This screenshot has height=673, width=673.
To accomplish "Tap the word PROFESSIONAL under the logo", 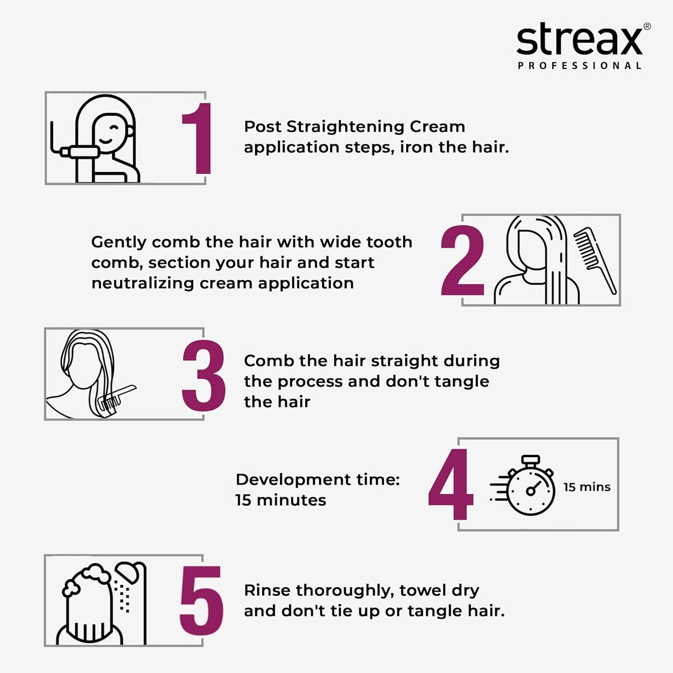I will pos(579,66).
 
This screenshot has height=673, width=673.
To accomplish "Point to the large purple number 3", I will pos(204,375).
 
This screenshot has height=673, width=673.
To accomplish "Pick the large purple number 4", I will pos(450,484).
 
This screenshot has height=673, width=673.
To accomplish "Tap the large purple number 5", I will pos(202,600).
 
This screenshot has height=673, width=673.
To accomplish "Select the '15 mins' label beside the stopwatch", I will pos(586,487).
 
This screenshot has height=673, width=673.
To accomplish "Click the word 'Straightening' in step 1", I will pos(346,127).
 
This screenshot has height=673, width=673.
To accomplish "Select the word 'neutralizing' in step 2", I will pos(143,283).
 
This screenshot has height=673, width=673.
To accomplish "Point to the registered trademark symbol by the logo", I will pos(647,27).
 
